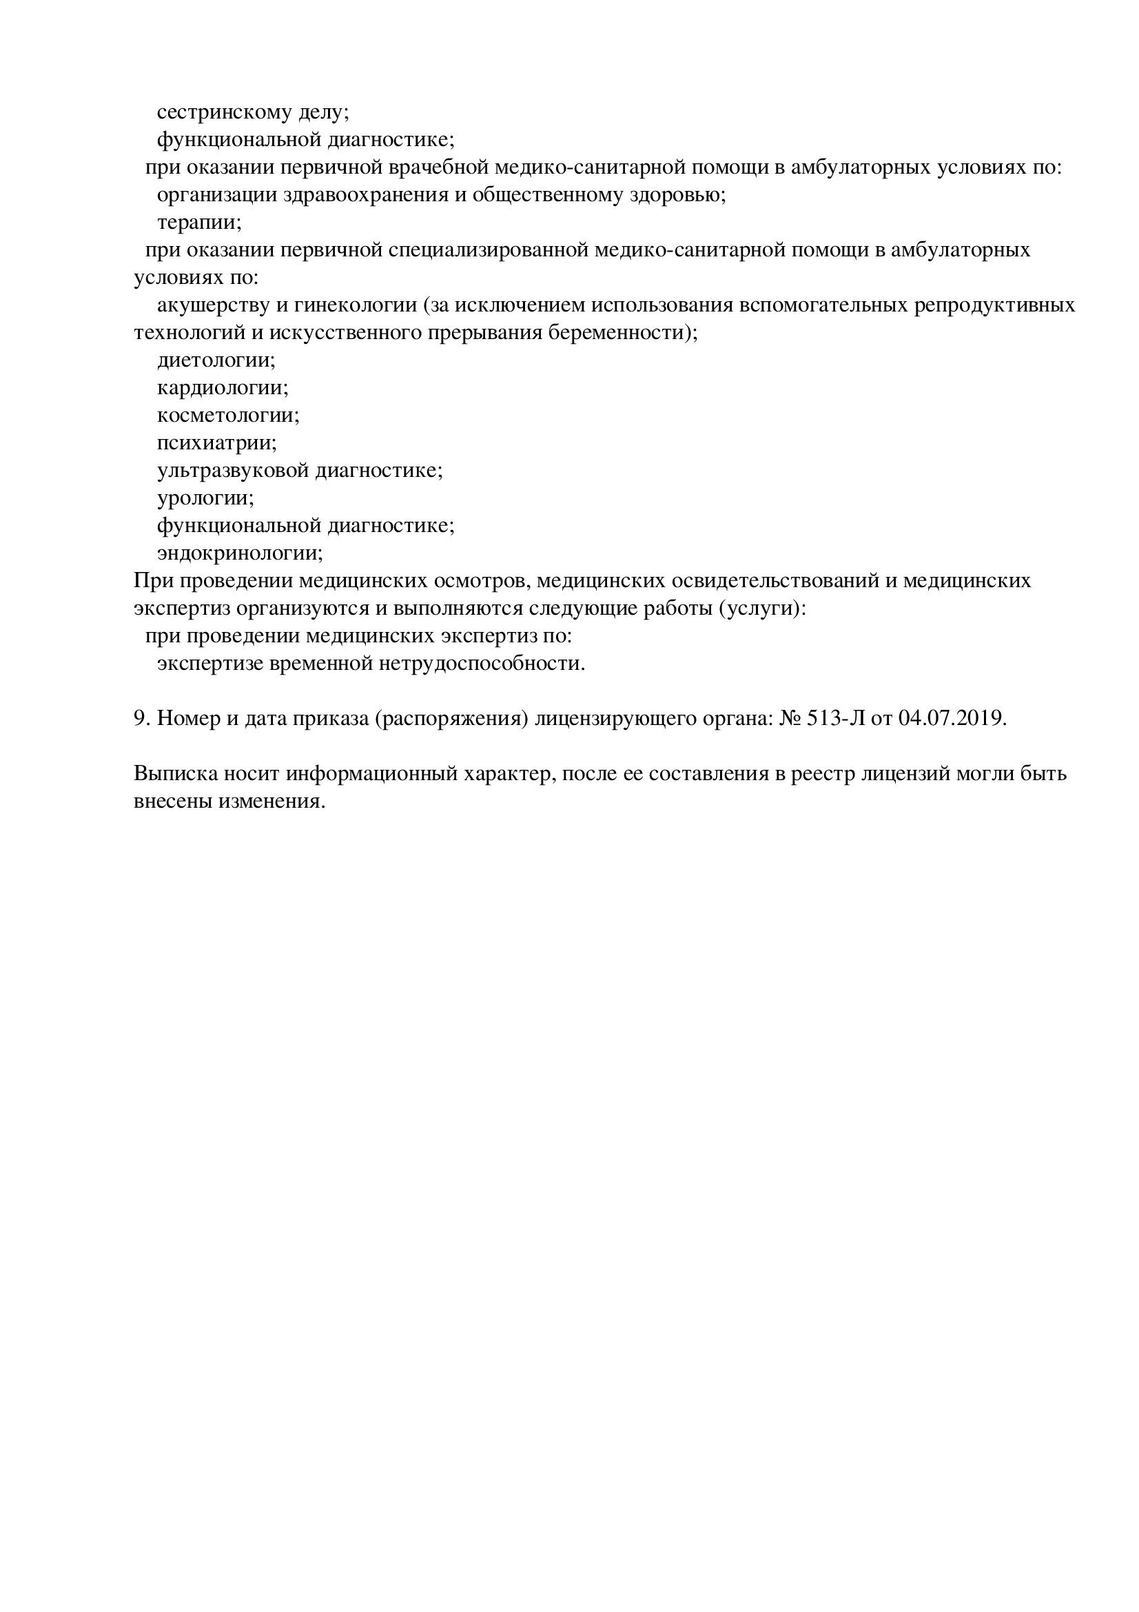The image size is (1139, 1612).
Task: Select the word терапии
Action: click(198, 223)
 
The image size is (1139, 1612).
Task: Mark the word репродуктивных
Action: click(994, 305)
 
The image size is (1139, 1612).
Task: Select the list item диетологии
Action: click(215, 360)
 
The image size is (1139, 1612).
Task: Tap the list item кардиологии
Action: click(222, 387)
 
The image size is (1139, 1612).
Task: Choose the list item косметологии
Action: click(227, 415)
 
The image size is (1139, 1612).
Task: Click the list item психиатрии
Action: click(216, 443)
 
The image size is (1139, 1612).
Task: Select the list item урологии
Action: click(204, 498)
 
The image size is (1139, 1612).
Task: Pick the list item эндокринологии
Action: click(238, 553)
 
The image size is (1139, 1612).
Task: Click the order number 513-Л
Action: click(835, 719)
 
